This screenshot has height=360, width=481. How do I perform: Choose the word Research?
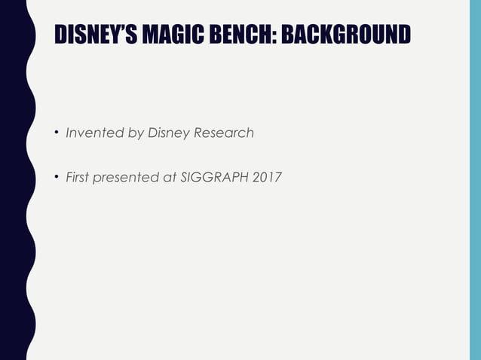(x=224, y=133)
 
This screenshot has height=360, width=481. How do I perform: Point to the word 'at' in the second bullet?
(x=169, y=178)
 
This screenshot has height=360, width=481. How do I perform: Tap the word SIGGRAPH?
(x=213, y=178)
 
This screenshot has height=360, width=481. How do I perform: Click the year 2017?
(x=265, y=178)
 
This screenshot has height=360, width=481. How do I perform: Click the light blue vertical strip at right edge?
(x=475, y=181)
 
